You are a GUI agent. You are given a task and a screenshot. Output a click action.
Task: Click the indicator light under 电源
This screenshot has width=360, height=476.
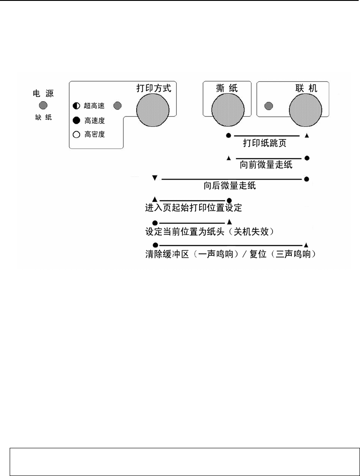click(43, 106)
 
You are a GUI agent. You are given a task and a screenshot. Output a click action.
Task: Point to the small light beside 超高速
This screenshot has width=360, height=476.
click(118, 106)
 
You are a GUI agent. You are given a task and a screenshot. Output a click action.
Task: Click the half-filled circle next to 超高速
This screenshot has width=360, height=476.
click(76, 106)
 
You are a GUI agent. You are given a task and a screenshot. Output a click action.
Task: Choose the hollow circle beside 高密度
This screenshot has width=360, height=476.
click(76, 135)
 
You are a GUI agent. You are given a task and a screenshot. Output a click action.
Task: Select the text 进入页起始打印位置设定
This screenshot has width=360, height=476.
click(193, 206)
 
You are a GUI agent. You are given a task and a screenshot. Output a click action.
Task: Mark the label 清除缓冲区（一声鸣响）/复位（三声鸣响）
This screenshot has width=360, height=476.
click(230, 255)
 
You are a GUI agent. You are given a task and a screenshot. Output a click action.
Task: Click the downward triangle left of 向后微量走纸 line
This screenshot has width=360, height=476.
click(154, 178)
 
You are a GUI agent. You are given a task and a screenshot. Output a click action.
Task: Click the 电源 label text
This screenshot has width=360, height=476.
click(44, 93)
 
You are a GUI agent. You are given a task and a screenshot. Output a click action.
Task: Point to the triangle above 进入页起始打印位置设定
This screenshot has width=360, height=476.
click(154, 199)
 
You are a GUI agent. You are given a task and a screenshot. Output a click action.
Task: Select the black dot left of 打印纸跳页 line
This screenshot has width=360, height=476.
click(229, 135)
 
